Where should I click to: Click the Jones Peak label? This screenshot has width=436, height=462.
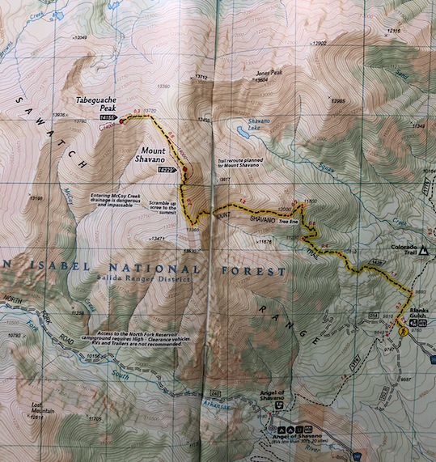tap(269, 72)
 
